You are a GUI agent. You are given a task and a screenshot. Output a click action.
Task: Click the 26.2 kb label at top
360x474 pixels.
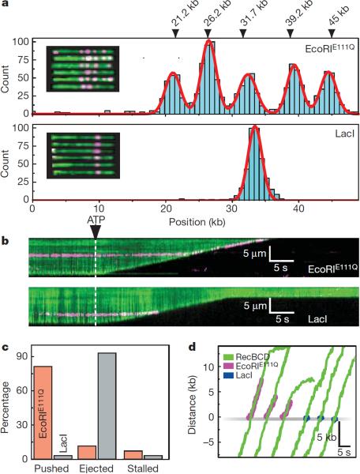click(208, 17)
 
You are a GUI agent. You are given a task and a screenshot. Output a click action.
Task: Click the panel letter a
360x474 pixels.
click(8, 6)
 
